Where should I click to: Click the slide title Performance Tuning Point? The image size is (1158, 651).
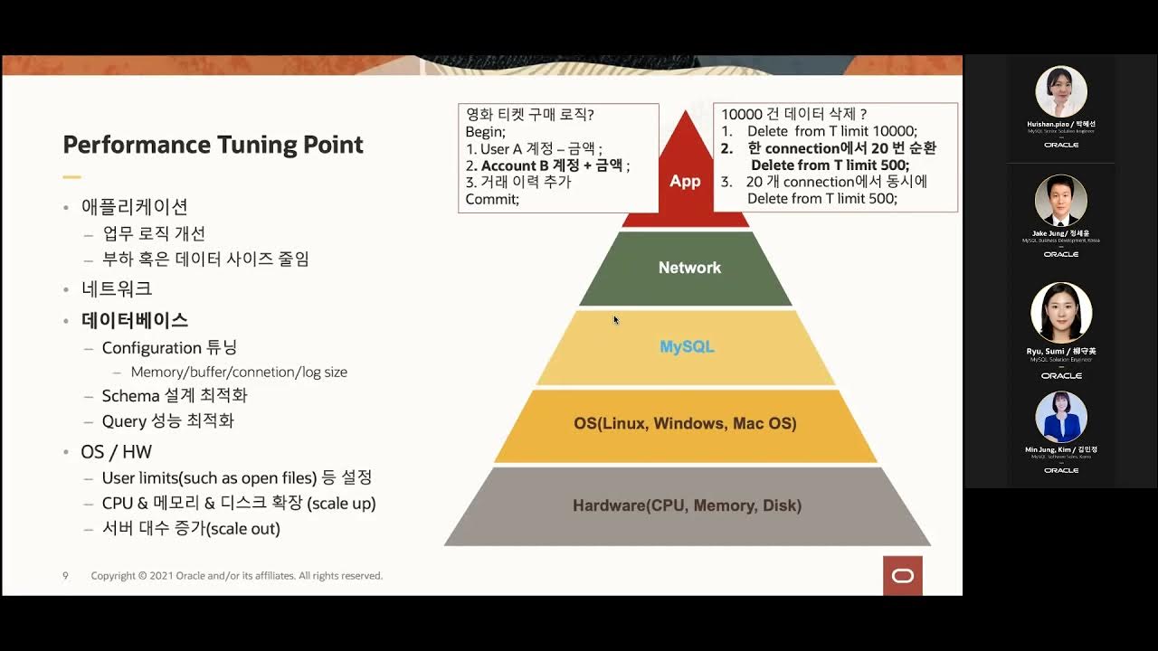coord(213,145)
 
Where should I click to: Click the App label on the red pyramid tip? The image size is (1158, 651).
coord(685,181)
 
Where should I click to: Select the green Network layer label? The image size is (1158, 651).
coord(689,268)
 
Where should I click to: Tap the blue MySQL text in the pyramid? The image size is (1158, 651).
coord(687,346)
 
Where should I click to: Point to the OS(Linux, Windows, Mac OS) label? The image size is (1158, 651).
coord(685,423)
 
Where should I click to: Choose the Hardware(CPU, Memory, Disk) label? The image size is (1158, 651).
coord(687,505)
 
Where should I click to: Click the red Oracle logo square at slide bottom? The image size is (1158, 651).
coord(902,576)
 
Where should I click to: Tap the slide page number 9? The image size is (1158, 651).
coord(65,576)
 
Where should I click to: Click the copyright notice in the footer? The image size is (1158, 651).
coord(236,576)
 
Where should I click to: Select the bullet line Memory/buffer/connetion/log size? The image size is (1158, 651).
coord(239,372)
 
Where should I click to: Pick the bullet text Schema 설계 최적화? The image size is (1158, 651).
coord(174,395)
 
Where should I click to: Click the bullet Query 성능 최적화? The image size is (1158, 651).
coord(167,420)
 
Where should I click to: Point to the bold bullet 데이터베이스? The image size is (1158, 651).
coord(135,320)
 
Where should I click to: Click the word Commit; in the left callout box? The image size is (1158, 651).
coord(492,199)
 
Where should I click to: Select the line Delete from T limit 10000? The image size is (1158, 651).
coord(831,131)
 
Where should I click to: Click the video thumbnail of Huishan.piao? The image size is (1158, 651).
coord(1060,91)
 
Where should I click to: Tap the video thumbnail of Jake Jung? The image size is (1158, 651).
coord(1060,200)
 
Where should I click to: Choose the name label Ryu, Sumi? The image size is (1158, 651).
coord(1060,351)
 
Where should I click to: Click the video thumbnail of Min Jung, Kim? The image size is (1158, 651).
coord(1060,417)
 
